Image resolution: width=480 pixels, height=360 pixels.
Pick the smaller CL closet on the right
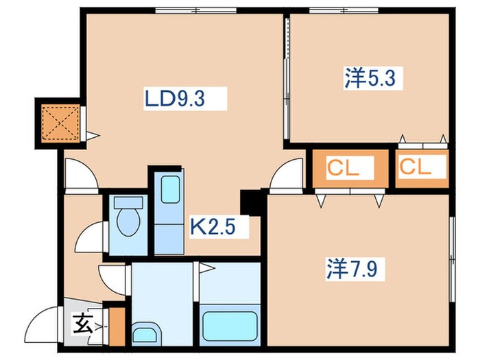[x=420, y=167]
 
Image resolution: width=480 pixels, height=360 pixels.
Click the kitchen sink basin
[x=169, y=188]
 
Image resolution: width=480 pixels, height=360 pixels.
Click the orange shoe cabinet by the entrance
[x=117, y=327]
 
